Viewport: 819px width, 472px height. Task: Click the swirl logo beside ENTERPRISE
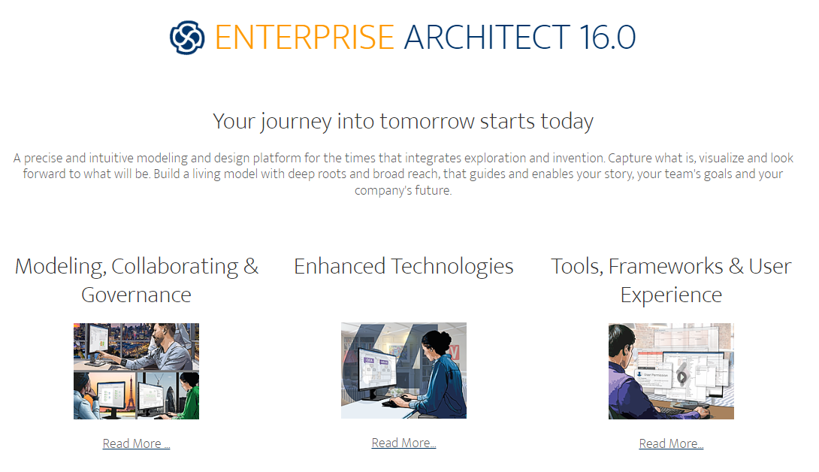(x=187, y=38)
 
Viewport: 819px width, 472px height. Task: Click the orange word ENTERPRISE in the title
(x=304, y=38)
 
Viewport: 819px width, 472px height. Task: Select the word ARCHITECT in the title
(x=487, y=38)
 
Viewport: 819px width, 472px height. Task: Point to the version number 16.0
(x=607, y=38)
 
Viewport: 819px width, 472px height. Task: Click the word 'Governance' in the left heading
(x=136, y=295)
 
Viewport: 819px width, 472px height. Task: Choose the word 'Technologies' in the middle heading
(x=452, y=267)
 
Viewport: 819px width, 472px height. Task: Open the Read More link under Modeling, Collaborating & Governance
(x=136, y=443)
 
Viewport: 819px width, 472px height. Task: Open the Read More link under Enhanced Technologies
(x=403, y=443)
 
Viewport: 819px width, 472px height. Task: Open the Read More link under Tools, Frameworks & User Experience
(x=671, y=443)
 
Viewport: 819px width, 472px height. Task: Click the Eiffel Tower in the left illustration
(x=129, y=398)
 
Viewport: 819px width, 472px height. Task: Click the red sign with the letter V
(x=453, y=352)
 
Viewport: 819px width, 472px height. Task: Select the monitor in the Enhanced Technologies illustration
(x=373, y=368)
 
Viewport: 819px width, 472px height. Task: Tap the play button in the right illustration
(x=681, y=377)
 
